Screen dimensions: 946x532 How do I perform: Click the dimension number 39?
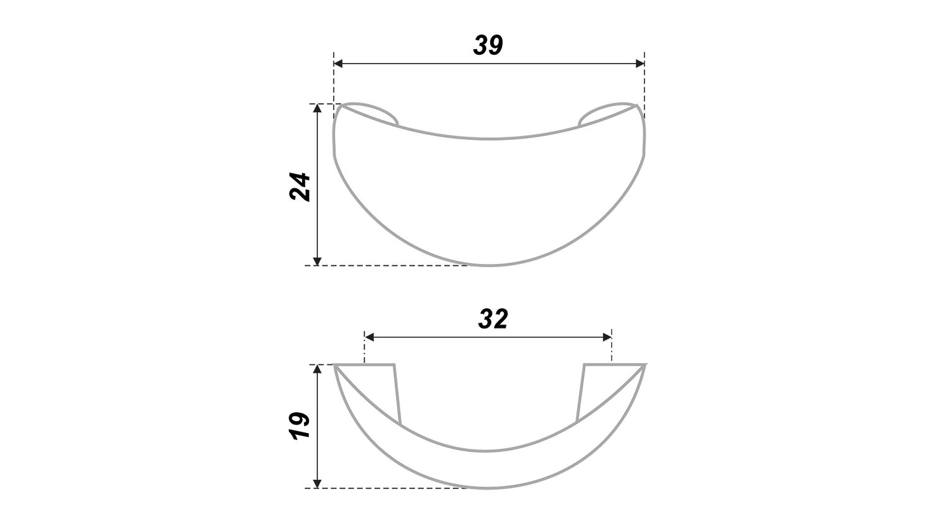tap(488, 45)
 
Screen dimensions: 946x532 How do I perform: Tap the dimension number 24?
tap(300, 186)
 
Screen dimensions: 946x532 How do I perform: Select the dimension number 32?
tap(493, 319)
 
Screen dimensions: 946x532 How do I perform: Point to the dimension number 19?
tap(300, 425)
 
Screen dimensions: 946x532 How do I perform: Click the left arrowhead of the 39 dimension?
tap(338, 64)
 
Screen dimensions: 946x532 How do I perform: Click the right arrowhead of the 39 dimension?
tap(640, 64)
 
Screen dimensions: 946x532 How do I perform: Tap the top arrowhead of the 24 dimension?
tap(318, 108)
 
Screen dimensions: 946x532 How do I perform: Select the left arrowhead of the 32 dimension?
tap(369, 337)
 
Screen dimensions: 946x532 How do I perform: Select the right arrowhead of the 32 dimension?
tap(607, 337)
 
